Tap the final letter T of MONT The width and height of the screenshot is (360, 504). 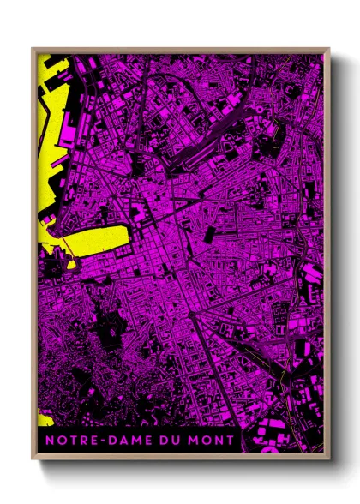(x=234, y=441)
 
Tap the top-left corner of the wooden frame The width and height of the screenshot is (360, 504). (x=33, y=48)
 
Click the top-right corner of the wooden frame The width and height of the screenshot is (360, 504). (x=329, y=48)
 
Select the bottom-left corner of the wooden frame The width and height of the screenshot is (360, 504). (x=33, y=460)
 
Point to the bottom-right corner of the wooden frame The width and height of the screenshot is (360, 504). (x=329, y=460)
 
